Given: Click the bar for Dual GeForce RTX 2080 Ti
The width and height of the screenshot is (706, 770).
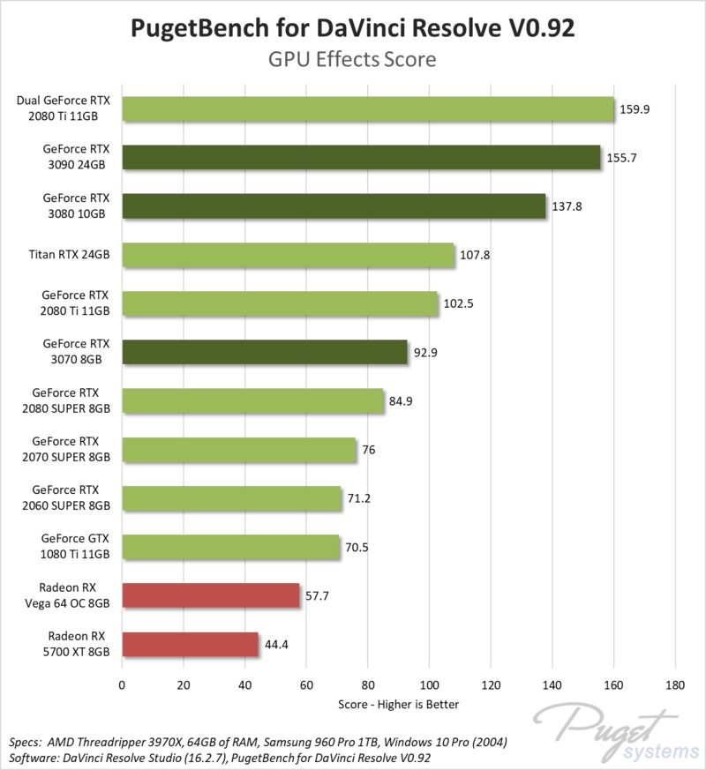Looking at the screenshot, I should pyautogui.click(x=367, y=108).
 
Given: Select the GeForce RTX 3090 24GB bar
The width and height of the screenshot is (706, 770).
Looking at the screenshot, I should pyautogui.click(x=360, y=157).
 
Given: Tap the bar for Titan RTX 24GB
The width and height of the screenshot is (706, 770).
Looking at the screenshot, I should pyautogui.click(x=287, y=255).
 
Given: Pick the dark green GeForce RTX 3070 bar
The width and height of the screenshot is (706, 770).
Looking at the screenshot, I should pyautogui.click(x=264, y=352).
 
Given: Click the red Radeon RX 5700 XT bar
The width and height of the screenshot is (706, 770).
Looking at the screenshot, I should pyautogui.click(x=190, y=644).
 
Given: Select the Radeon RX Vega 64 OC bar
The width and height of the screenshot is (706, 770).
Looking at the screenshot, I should pyautogui.click(x=210, y=595).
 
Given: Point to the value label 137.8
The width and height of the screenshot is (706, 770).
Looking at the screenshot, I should pyautogui.click(x=567, y=206).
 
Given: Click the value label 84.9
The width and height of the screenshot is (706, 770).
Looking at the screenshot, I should pyautogui.click(x=402, y=401).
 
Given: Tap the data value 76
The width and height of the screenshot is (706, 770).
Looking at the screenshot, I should pyautogui.click(x=370, y=450).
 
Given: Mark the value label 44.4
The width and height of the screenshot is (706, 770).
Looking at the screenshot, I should pyautogui.click(x=277, y=644).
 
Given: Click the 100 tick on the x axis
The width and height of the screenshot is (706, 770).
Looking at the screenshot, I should pyautogui.click(x=429, y=684).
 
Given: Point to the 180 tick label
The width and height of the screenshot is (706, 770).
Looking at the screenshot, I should pyautogui.click(x=675, y=684).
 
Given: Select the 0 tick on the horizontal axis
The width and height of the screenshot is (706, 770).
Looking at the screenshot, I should pyautogui.click(x=122, y=684).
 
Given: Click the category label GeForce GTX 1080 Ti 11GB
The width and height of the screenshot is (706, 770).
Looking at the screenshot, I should pyautogui.click(x=75, y=547).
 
